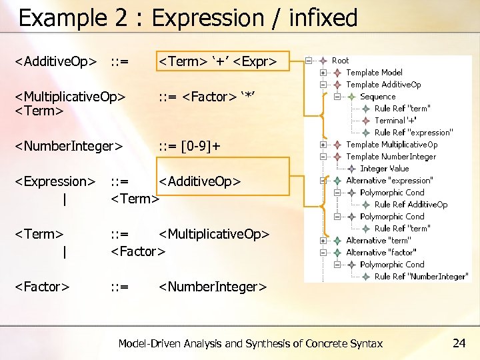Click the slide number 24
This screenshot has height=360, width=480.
[x=459, y=343]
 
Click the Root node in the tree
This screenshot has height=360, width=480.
[x=340, y=61]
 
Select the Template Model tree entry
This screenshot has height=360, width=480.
[x=374, y=73]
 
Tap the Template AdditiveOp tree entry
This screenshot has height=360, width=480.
[x=383, y=85]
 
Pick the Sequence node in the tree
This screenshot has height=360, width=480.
[x=377, y=97]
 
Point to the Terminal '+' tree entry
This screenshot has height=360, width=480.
[x=395, y=121]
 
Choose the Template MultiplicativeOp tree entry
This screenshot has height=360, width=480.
[x=391, y=145]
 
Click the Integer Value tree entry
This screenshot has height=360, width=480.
[x=384, y=169]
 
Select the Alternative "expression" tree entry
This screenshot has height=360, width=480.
[x=389, y=181]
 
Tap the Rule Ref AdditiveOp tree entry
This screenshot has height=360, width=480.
[x=411, y=205]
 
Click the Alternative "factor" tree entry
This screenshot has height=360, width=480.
[x=381, y=253]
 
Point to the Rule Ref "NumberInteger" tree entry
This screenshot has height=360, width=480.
[x=421, y=277]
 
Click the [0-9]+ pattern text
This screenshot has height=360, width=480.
[x=199, y=146]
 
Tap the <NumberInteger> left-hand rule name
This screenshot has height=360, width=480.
[x=69, y=146]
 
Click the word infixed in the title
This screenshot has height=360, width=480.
[x=323, y=18]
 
